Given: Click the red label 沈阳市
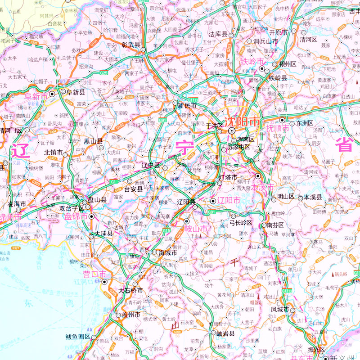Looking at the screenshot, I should pyautogui.click(x=243, y=121).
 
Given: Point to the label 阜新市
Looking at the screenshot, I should pyautogui.click(x=36, y=96).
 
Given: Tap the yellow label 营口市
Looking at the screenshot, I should pyautogui.click(x=94, y=274).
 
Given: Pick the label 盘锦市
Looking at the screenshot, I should pyautogui.click(x=75, y=216).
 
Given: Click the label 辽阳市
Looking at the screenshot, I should pyautogui.click(x=228, y=201).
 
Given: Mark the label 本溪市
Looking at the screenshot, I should pyautogui.click(x=262, y=187).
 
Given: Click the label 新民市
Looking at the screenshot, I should pyautogui.click(x=188, y=106).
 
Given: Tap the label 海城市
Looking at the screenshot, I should pyautogui.click(x=168, y=252).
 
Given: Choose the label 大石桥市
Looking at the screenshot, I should pyautogui.click(x=131, y=290).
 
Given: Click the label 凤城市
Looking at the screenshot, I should pyautogui.click(x=280, y=310).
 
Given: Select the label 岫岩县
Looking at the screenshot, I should pyautogui.click(x=226, y=333).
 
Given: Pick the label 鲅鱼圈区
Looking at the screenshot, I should pyautogui.click(x=78, y=337).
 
